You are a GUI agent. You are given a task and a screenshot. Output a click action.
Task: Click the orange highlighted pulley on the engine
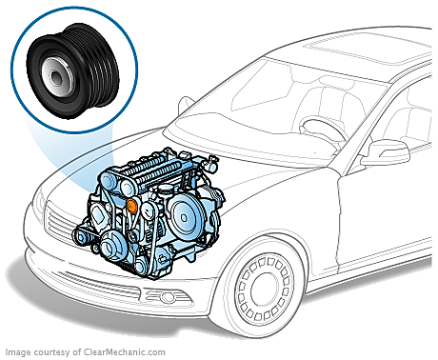pos(131,205)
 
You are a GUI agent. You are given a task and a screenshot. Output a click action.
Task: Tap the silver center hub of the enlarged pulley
pos(57,77)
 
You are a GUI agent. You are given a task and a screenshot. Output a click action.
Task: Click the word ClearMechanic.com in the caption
pos(125,352)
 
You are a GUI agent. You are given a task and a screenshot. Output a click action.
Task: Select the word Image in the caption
pos(18,352)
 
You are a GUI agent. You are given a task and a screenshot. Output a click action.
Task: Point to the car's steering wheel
pos(322,130)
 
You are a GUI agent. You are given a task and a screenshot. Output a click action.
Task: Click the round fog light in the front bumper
pos(167,297)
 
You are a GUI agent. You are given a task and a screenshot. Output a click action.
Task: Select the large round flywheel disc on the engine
pos(184,217)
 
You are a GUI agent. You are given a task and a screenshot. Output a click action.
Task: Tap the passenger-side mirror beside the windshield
pos(186,104)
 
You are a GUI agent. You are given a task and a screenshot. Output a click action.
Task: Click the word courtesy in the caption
pos(51,352)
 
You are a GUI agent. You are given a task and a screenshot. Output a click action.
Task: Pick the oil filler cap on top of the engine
pos(166,190)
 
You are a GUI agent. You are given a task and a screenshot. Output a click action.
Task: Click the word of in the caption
pos(76,352)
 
